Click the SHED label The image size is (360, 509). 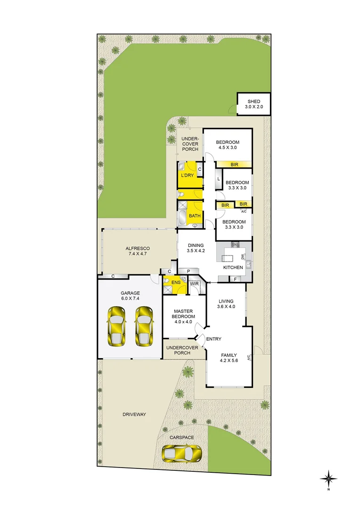pyautogui.click(x=254, y=102)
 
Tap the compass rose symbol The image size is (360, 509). pyautogui.click(x=328, y=478)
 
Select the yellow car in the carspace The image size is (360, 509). pyautogui.click(x=182, y=454)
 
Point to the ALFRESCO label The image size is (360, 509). pyautogui.click(x=138, y=248)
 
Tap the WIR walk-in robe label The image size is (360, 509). pyautogui.click(x=194, y=284)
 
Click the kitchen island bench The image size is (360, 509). pyautogui.click(x=228, y=258)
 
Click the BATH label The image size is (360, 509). pyautogui.click(x=194, y=216)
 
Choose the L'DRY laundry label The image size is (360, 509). pyautogui.click(x=188, y=175)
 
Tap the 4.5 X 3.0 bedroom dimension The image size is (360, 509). pyautogui.click(x=228, y=148)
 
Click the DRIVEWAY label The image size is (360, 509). pyautogui.click(x=134, y=415)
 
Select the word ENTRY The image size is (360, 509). pyautogui.click(x=213, y=339)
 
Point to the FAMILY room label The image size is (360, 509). pyautogui.click(x=229, y=355)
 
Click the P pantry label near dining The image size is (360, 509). pyautogui.click(x=188, y=271)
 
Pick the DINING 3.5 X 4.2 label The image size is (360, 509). pyautogui.click(x=196, y=248)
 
